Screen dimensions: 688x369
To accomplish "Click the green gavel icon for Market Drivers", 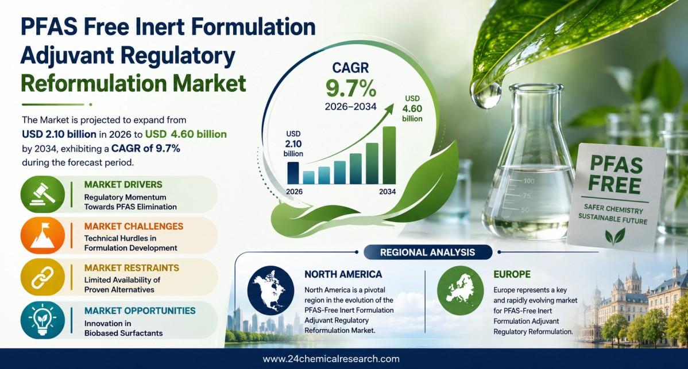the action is click(42, 194).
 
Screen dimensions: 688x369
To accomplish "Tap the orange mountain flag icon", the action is click(42, 235).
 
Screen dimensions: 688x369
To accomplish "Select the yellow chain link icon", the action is click(42, 277).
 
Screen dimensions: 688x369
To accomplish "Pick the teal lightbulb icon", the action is click(42, 320).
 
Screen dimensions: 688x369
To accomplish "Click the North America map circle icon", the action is click(270, 290).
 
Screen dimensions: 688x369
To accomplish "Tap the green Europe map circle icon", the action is click(460, 290).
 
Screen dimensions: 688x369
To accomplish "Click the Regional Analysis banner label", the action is click(427, 253).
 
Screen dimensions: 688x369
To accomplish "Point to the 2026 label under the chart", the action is click(294, 192).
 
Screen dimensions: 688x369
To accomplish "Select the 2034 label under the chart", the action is click(388, 192).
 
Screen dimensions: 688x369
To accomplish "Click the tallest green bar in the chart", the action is click(389, 155).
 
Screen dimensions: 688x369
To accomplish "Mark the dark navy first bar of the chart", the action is click(293, 173).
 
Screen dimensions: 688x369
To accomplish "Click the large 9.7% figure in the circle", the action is click(351, 88).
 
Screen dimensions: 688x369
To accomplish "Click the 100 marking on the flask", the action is click(529, 181).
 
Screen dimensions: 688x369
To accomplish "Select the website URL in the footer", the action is click(331, 359).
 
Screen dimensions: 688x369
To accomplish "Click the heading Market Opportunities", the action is click(140, 310).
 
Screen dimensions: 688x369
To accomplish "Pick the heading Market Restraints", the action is click(132, 268).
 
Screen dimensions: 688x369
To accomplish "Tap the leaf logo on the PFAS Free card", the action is click(614, 236).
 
